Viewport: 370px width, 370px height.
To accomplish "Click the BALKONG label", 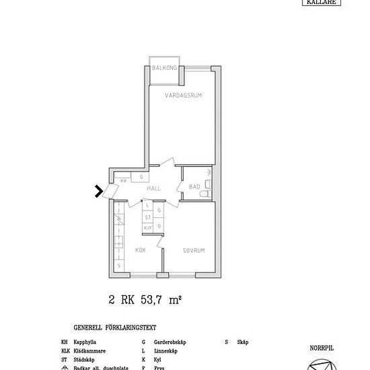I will point(163,69).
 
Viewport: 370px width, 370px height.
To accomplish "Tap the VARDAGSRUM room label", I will point(184,96).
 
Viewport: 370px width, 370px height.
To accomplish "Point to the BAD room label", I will point(194,186).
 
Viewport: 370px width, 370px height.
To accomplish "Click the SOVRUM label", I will point(193,250).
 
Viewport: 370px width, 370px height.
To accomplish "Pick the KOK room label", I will point(141,250).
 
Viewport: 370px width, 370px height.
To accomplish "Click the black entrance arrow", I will point(99,192).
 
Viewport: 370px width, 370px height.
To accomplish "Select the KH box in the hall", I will point(123,181).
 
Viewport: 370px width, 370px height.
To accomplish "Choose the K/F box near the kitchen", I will point(148,228).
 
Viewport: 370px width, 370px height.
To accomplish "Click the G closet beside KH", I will point(141,178).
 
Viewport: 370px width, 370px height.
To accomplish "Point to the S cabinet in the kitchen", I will point(119,265).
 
